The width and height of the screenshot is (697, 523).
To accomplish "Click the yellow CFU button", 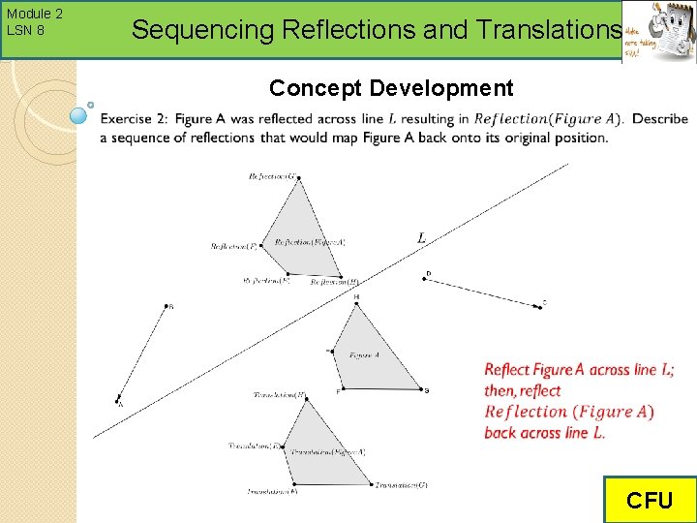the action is [649, 500].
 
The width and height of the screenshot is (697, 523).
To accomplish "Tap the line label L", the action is [421, 237].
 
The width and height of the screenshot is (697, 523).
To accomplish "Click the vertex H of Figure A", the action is [357, 304].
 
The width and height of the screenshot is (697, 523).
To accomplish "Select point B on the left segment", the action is [167, 307].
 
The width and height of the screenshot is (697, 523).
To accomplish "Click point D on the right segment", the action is [426, 279].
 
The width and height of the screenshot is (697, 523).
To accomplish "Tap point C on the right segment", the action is [539, 306].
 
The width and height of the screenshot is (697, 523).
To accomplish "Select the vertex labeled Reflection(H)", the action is [341, 276].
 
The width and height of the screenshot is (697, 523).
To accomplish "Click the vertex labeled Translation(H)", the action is [307, 399].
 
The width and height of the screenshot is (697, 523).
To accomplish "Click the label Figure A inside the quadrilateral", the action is [364, 356].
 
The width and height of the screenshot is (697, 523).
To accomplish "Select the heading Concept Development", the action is [391, 88].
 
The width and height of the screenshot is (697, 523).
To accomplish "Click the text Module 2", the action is [34, 14].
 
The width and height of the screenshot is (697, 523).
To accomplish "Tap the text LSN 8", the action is [25, 30].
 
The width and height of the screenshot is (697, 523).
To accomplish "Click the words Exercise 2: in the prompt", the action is [134, 119].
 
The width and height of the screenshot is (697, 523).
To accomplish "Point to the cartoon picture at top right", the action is [658, 33].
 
